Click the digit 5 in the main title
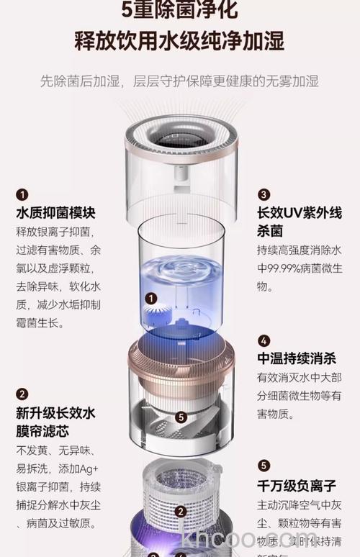click(129, 10)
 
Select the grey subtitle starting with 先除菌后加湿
click(179, 80)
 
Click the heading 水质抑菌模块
click(55, 213)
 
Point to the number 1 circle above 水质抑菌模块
click(22, 194)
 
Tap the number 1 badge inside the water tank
click(151, 298)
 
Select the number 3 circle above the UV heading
click(264, 194)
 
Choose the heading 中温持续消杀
click(296, 359)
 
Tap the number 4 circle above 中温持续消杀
click(264, 340)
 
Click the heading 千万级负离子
click(296, 486)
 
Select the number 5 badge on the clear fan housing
click(181, 417)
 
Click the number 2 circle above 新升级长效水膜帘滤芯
click(22, 394)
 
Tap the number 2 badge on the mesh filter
click(181, 512)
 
